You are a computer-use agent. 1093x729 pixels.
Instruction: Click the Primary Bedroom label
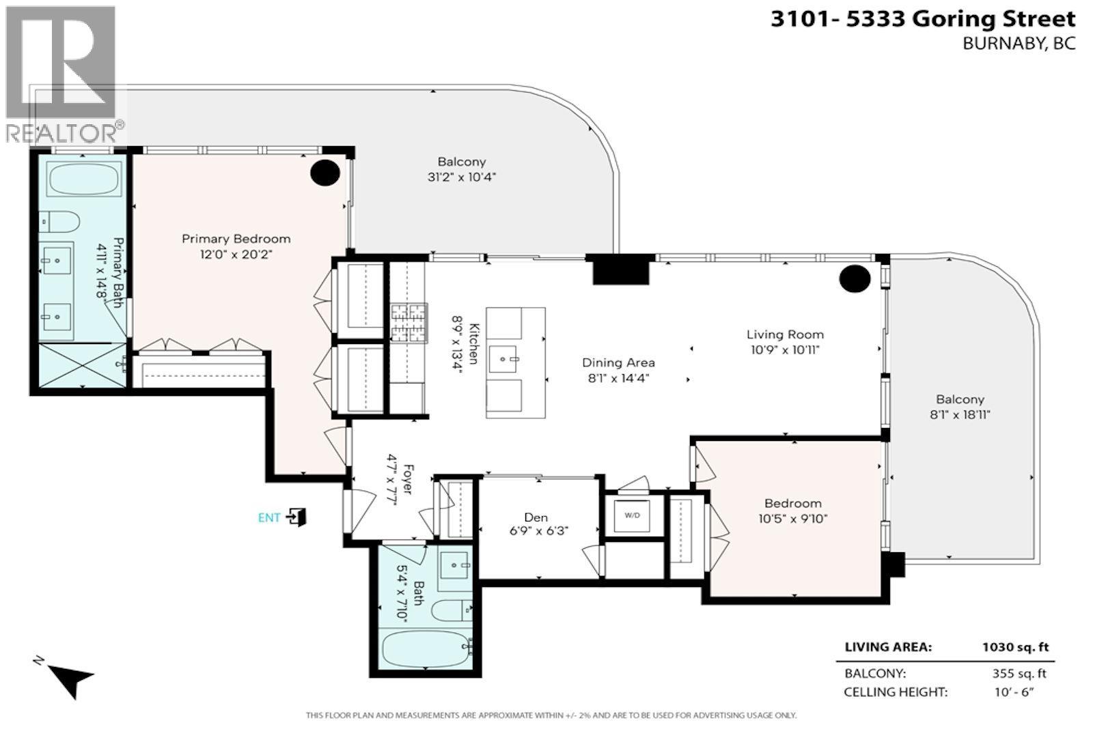tap(236, 239)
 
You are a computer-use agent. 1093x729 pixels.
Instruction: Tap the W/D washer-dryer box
tap(632, 515)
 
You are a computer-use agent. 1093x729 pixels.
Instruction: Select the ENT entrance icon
tap(296, 517)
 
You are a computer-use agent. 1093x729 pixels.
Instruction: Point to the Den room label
tap(536, 517)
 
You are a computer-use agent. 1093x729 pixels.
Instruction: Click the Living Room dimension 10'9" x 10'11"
tap(785, 349)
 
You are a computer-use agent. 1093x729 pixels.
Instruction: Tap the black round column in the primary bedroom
tap(325, 173)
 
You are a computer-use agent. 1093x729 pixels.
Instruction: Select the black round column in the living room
tap(855, 278)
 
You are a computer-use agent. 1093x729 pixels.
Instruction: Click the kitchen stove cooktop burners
tap(409, 323)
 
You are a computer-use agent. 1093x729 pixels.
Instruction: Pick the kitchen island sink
tap(503, 359)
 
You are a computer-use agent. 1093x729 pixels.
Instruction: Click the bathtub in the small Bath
tap(426, 650)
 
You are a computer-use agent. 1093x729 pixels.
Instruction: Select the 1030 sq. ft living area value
tap(1015, 647)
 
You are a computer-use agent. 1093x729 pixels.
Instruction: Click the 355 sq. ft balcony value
tap(1019, 674)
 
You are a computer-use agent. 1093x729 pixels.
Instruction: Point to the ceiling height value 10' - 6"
tap(1014, 692)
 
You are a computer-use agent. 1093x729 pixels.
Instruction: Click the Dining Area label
tap(618, 362)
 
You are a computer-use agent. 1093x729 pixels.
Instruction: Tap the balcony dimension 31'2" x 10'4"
tap(462, 177)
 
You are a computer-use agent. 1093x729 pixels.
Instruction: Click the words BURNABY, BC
tap(1019, 44)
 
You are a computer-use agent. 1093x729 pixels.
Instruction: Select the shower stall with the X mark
tap(82, 365)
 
